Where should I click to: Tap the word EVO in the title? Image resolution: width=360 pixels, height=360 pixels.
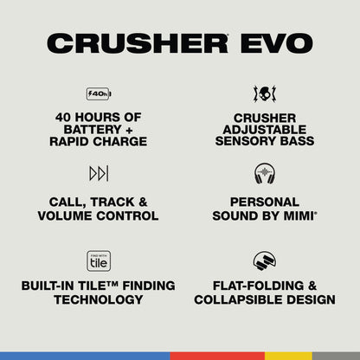278,43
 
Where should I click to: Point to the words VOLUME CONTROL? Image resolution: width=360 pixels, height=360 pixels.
98,215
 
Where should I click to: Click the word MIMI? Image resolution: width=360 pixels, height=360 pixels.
294,215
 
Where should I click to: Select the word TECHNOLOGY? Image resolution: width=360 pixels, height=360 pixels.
98,299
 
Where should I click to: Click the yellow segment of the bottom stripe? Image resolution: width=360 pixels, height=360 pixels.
287,356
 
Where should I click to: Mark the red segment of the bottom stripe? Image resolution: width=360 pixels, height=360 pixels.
216,356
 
